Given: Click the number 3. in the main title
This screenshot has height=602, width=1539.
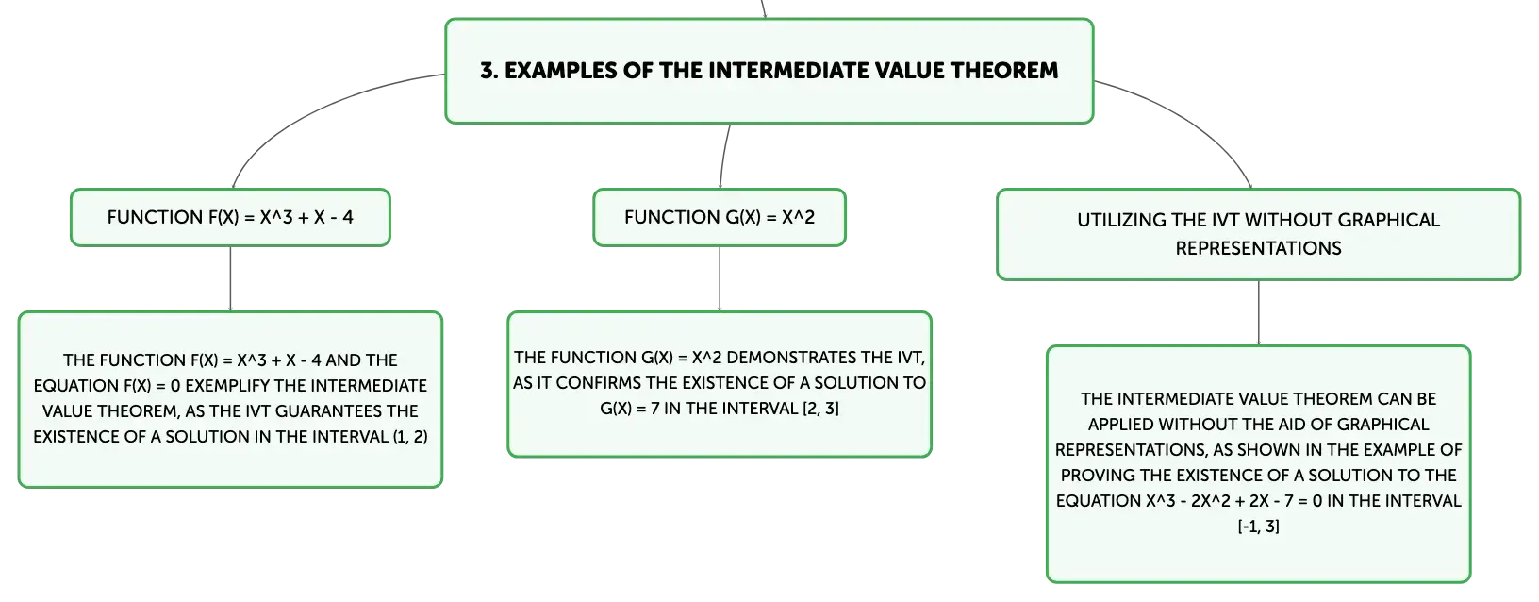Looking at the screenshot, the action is click(488, 71).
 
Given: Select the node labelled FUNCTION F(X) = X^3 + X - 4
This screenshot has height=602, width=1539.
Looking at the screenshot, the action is click(230, 217).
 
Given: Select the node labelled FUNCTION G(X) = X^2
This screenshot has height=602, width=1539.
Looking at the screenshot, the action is click(720, 217).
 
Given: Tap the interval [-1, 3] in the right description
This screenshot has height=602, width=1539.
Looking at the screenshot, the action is click(1259, 527).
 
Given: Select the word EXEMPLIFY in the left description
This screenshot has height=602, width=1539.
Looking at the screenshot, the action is click(225, 386).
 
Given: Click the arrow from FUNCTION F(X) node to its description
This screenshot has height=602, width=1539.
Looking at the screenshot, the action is click(230, 279).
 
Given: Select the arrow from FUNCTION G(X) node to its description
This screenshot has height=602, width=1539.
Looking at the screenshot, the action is click(720, 279).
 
